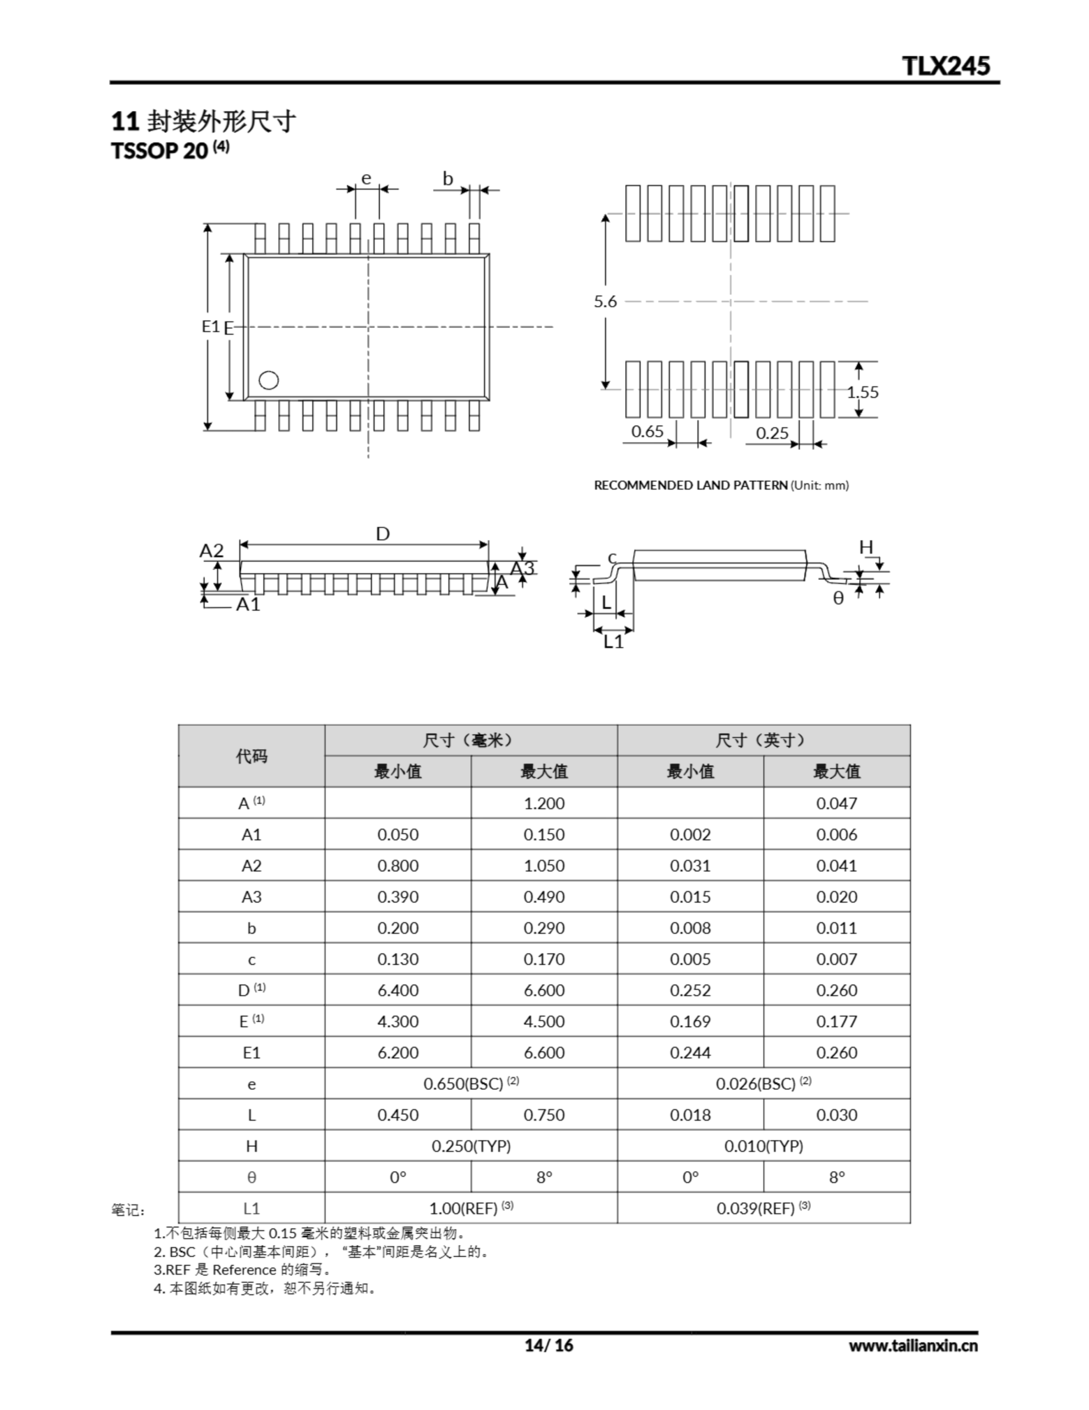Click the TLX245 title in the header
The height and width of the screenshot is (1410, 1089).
pyautogui.click(x=946, y=66)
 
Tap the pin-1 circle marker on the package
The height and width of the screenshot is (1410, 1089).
pyautogui.click(x=269, y=380)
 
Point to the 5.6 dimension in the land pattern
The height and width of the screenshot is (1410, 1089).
pyautogui.click(x=606, y=301)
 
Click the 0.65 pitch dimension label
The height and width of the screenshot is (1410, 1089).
pyautogui.click(x=647, y=431)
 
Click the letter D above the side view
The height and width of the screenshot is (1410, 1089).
pyautogui.click(x=383, y=534)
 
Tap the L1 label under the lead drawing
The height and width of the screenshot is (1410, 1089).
pyautogui.click(x=613, y=641)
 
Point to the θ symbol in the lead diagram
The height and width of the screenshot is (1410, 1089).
pyautogui.click(x=838, y=599)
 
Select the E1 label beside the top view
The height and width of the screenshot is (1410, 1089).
pyautogui.click(x=210, y=326)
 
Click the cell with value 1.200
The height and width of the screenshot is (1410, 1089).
pyautogui.click(x=543, y=803)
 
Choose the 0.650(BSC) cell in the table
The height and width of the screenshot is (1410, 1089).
pyautogui.click(x=471, y=1083)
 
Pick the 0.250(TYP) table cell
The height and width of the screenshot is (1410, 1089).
pyautogui.click(x=471, y=1146)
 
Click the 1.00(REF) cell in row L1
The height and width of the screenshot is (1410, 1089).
pyautogui.click(x=471, y=1208)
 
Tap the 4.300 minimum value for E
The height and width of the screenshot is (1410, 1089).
pyautogui.click(x=398, y=1021)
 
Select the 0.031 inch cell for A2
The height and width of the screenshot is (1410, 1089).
pyautogui.click(x=690, y=866)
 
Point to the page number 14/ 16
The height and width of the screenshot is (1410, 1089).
pyautogui.click(x=549, y=1345)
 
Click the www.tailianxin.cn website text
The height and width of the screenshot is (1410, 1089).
pyautogui.click(x=913, y=1346)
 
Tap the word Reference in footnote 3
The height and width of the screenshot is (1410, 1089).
pyautogui.click(x=243, y=1270)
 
